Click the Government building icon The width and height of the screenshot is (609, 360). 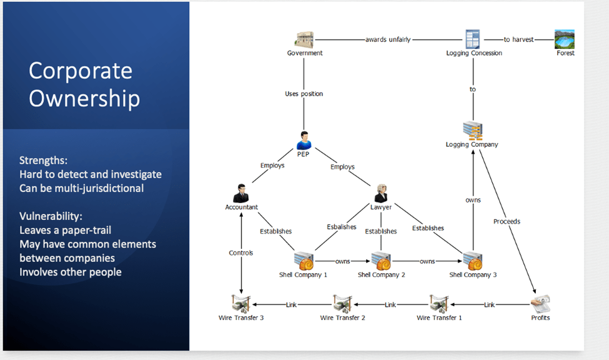coord(304,39)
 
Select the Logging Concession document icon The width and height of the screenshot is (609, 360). coord(473,39)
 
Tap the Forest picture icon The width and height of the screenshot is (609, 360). coord(565,39)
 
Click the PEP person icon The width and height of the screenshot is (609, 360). coord(304,140)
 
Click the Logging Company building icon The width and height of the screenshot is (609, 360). coord(472,131)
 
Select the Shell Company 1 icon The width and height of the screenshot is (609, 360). coord(304,261)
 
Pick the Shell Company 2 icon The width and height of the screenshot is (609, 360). coord(381,261)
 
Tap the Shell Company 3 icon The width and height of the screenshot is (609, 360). coord(472,261)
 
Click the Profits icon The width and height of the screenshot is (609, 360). coord(540,304)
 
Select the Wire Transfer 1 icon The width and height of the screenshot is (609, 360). coord(439,304)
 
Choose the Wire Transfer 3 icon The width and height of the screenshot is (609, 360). coord(240,304)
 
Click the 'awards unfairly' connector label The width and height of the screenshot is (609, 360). coord(388,39)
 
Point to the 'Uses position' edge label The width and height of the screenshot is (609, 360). coord(304,94)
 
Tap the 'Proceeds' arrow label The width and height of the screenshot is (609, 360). coord(507,221)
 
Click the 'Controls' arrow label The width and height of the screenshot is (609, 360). coord(241,253)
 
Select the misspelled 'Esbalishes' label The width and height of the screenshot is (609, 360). coord(342,227)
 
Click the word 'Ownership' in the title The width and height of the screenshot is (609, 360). coord(84,99)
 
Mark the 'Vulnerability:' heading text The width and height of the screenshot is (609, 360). coord(51,216)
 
